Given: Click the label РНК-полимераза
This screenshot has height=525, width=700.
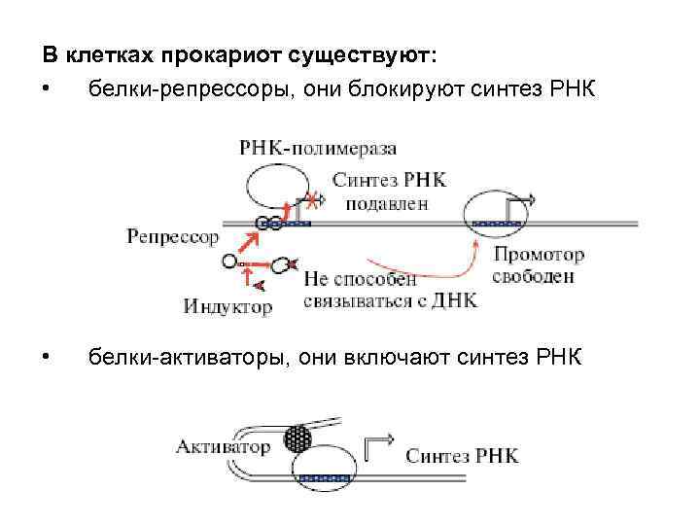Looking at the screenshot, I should click(x=318, y=148).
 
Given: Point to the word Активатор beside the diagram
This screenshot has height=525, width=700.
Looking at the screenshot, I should click(x=223, y=446).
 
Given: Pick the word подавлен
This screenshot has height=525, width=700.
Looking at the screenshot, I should click(x=387, y=204).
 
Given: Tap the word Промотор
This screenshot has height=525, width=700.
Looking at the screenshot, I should click(x=539, y=256).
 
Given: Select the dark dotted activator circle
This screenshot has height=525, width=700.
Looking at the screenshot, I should click(x=299, y=439).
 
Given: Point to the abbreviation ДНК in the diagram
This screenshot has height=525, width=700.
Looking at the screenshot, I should click(x=454, y=300).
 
